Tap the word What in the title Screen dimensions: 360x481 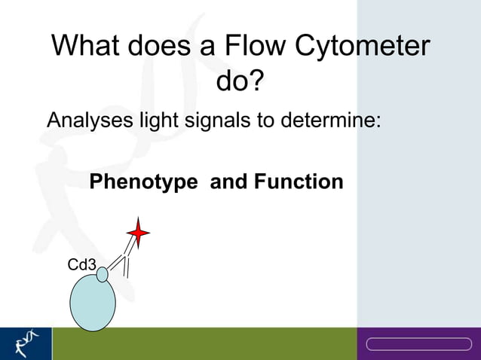click(x=85, y=47)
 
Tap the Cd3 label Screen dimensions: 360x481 click(x=81, y=265)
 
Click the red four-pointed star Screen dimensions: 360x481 click(x=138, y=233)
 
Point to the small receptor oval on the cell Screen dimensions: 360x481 click(x=103, y=275)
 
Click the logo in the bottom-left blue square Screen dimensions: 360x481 click(x=26, y=343)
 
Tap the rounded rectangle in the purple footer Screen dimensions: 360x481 click(x=418, y=344)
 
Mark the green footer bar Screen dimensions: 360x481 click(x=204, y=343)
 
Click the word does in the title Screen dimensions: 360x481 click(x=158, y=47)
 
